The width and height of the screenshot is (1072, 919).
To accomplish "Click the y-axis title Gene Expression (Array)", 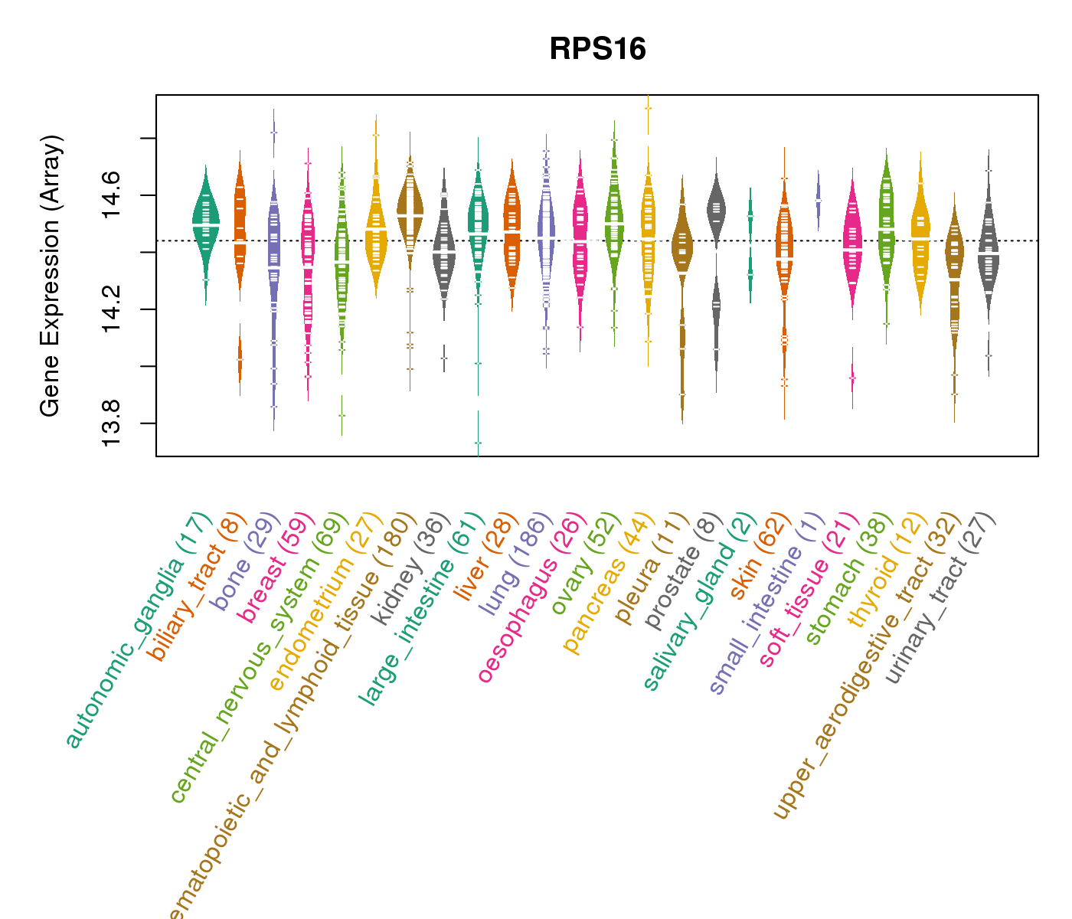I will click(x=51, y=276).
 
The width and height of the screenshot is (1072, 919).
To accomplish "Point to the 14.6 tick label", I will click(x=112, y=195).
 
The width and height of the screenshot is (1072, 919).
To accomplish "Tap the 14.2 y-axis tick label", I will click(x=112, y=309).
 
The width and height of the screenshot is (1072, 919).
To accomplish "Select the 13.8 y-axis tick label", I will click(x=112, y=423).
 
